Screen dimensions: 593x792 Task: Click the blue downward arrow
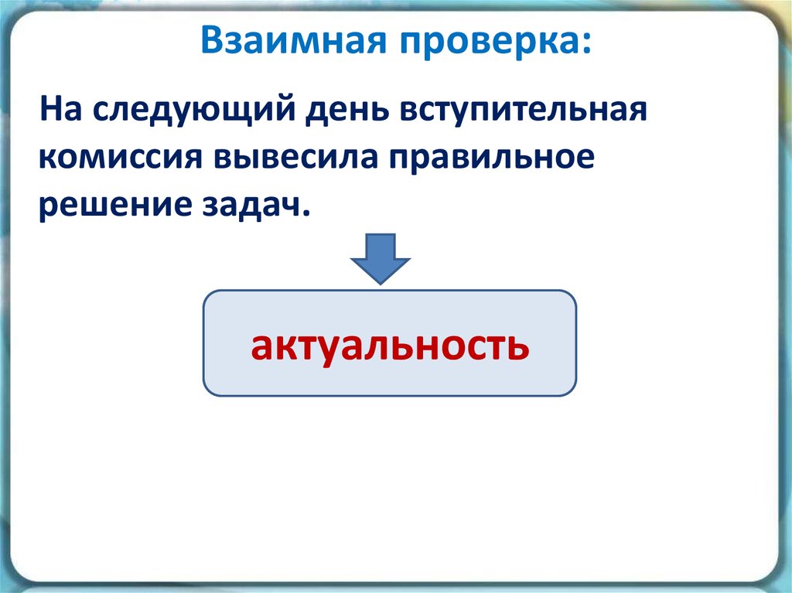coord(381,257)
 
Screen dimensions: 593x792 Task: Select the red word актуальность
coord(390,346)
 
